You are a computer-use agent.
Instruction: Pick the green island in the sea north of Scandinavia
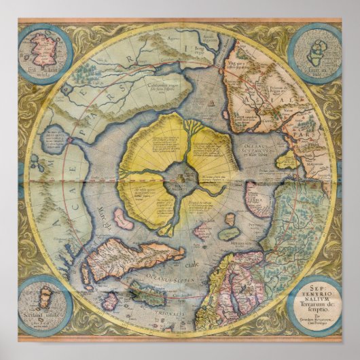[x=228, y=234]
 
